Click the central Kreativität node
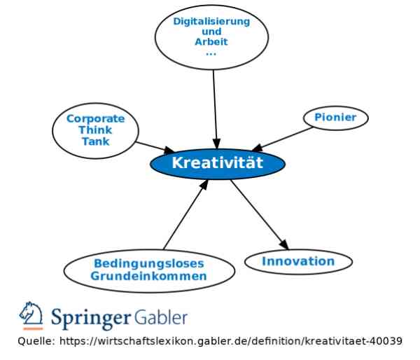click(218, 164)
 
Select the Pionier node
click(335, 118)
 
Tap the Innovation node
click(298, 262)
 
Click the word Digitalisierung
click(211, 22)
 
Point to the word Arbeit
click(211, 42)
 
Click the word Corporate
click(96, 119)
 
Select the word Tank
click(96, 141)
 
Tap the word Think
click(95, 130)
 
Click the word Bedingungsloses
click(149, 264)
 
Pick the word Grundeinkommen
click(148, 276)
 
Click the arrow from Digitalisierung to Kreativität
click(215, 109)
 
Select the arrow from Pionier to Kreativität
click(282, 139)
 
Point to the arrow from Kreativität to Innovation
click(260, 215)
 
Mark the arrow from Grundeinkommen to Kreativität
click(185, 215)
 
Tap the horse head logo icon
click(31, 316)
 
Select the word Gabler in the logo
click(161, 318)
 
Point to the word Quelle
click(36, 341)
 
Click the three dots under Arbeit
click(211, 54)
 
